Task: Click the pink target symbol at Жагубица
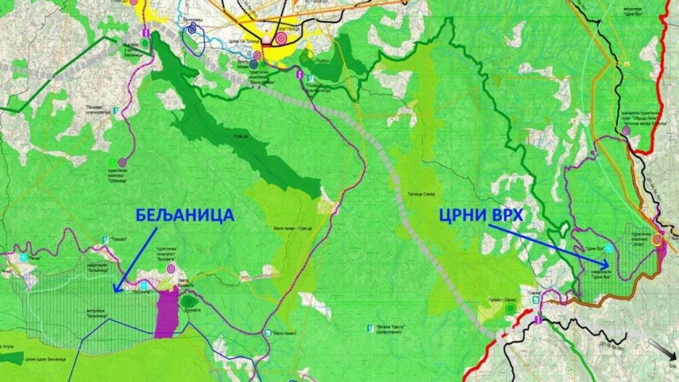tap(280, 38)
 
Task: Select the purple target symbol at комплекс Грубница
tap(122, 161)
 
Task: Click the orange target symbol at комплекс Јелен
tap(657, 240)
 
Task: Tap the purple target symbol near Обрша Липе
tap(626, 131)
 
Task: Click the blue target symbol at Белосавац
tap(192, 29)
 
